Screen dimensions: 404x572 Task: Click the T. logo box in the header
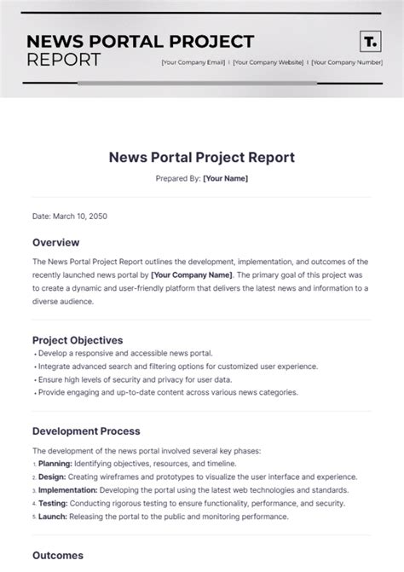pyautogui.click(x=370, y=42)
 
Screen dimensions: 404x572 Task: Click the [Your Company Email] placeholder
pyautogui.click(x=193, y=62)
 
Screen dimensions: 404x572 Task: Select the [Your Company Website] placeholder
pyautogui.click(x=268, y=62)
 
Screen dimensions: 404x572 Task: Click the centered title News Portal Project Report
pyautogui.click(x=202, y=158)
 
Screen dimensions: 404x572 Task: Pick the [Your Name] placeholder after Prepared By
pyautogui.click(x=225, y=178)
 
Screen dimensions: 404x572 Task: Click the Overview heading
pyautogui.click(x=56, y=242)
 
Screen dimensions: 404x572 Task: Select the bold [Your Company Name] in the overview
pyautogui.click(x=190, y=275)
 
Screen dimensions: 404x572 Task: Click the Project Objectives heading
pyautogui.click(x=78, y=340)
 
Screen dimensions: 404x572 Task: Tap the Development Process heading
pyautogui.click(x=86, y=431)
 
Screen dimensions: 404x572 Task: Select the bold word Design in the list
pyautogui.click(x=51, y=477)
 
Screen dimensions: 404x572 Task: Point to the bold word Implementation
pyautogui.click(x=68, y=490)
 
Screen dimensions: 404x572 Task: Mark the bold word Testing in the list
pyautogui.click(x=51, y=503)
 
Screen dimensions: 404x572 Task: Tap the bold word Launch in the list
pyautogui.click(x=52, y=517)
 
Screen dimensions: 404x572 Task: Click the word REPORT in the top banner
pyautogui.click(x=64, y=60)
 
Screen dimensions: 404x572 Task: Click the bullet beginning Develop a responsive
pyautogui.click(x=123, y=353)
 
